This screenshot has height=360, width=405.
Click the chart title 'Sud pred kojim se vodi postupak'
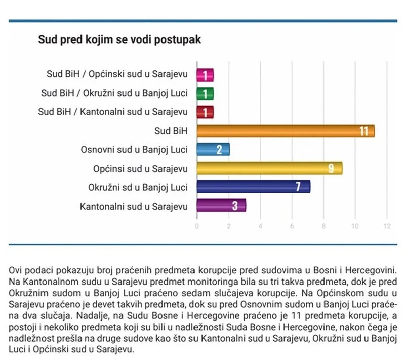[120, 40]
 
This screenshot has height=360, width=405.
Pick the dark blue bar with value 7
[253, 186]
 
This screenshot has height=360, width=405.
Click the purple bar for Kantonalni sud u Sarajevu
[221, 205]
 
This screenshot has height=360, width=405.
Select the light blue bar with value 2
[213, 149]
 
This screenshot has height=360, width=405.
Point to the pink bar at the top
[205, 75]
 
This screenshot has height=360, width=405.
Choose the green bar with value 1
[205, 94]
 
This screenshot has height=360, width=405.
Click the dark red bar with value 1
[205, 112]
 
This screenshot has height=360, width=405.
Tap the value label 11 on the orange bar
[363, 131]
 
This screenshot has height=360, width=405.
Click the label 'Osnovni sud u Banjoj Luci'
[134, 149]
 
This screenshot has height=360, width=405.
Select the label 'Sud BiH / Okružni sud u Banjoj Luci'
[114, 93]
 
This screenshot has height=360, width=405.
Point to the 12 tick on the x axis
[387, 226]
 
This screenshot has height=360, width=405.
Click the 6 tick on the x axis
[292, 226]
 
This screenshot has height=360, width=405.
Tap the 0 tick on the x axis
[197, 226]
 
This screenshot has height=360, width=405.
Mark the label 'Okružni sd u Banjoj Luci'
[138, 187]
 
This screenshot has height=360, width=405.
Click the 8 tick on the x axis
[324, 226]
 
